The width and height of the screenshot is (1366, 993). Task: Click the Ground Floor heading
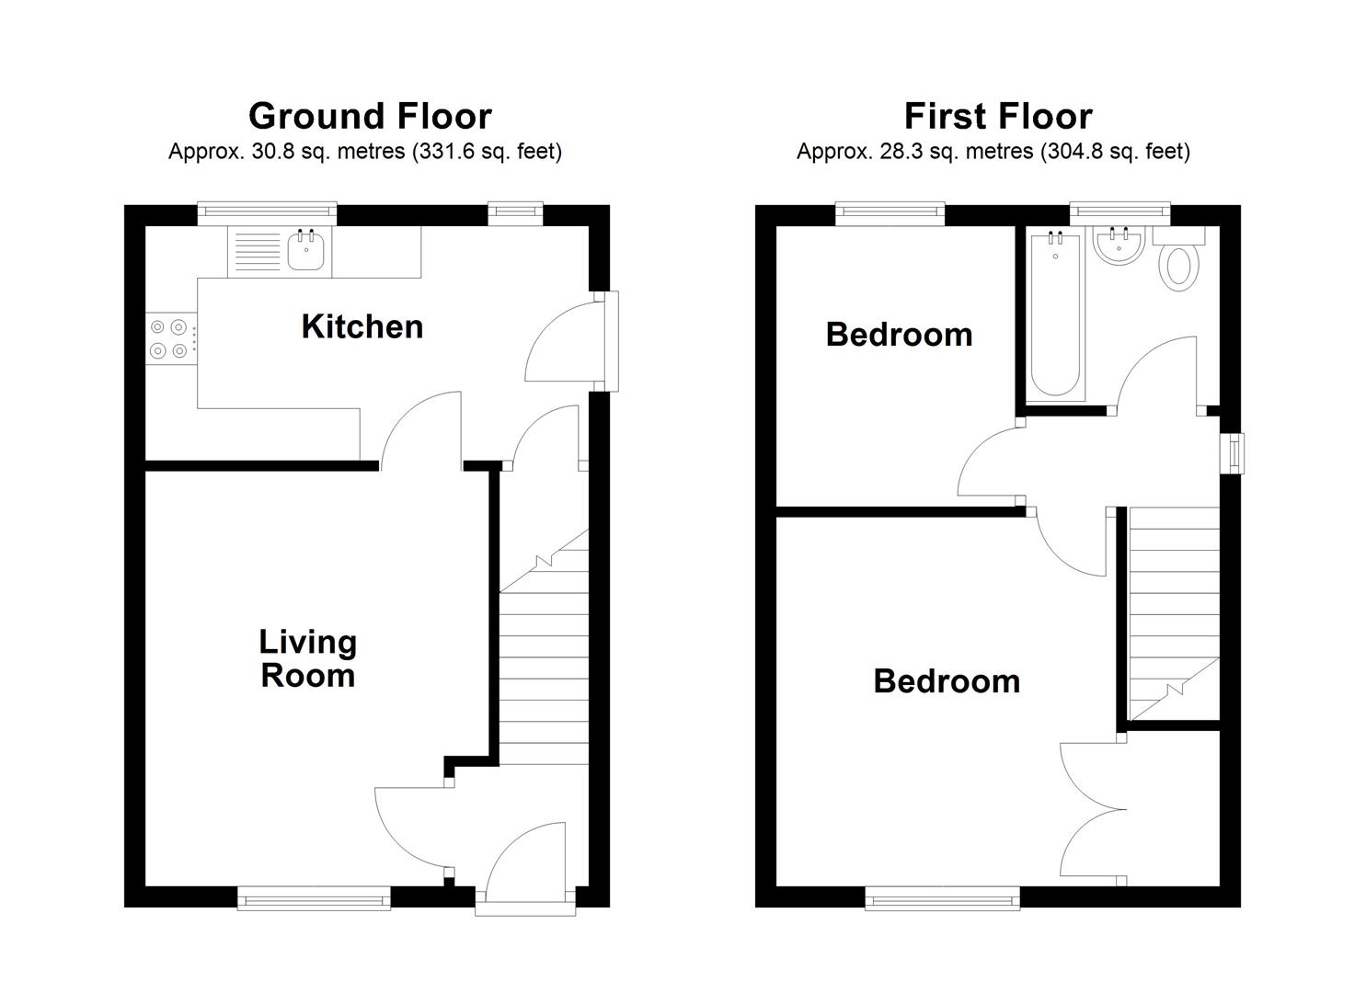pos(370,117)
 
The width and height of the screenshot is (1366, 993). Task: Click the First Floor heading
pos(998,117)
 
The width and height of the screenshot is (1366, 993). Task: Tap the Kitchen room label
pos(362,326)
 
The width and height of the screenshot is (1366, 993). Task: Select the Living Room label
pos(307,658)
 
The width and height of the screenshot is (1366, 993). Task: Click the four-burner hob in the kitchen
pos(170,337)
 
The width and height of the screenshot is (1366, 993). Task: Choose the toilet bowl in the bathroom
pos(1181,267)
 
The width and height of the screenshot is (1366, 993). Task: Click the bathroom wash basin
pos(1119,245)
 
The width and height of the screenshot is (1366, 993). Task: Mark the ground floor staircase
pos(544,662)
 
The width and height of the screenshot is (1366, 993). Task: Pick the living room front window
pos(314,896)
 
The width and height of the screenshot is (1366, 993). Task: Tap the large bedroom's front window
pos(943,896)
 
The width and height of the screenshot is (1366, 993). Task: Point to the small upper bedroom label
pos(899,335)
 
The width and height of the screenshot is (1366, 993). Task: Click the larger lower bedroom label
pos(947,681)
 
